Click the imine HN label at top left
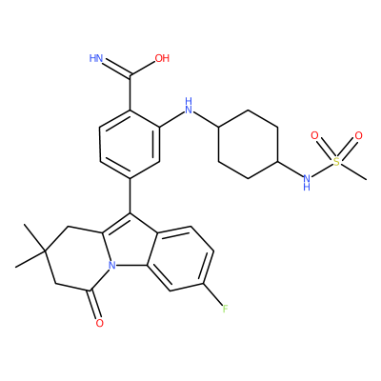click(x=96, y=58)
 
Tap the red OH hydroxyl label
click(x=162, y=58)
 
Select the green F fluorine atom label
click(x=225, y=309)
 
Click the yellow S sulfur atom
click(x=336, y=162)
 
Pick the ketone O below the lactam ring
click(x=100, y=323)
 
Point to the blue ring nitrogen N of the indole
click(x=111, y=265)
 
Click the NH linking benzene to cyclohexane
click(x=189, y=107)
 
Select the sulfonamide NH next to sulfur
click(x=307, y=183)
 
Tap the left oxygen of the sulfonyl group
click(x=314, y=136)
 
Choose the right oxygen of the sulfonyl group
click(x=358, y=136)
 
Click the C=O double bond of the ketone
click(x=95, y=304)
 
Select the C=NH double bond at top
click(x=117, y=69)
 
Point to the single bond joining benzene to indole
click(x=130, y=195)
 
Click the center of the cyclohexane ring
click(x=249, y=145)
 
